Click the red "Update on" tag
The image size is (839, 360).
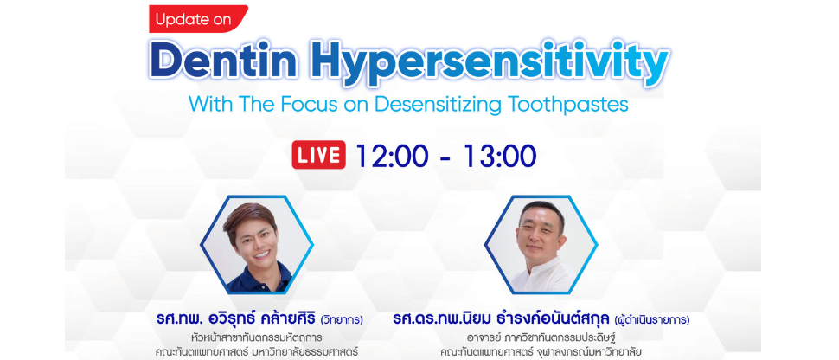(197, 19)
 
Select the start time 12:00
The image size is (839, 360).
(392, 156)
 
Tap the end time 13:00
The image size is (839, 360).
(500, 156)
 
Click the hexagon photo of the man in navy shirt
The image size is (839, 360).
(257, 244)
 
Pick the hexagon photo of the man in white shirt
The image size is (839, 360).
(541, 244)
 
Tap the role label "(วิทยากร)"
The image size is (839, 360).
(342, 321)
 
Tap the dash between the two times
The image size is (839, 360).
(446, 157)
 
